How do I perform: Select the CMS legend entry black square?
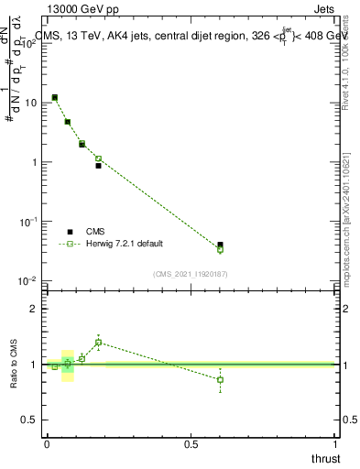point(70,232)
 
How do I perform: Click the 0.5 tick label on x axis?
point(191,444)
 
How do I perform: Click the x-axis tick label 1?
point(335,444)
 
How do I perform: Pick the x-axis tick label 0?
point(47,444)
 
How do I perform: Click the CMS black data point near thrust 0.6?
point(220,245)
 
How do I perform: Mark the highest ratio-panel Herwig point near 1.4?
point(98,343)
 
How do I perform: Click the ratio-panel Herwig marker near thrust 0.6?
point(220,379)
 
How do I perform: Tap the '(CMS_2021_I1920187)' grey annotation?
point(190,273)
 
